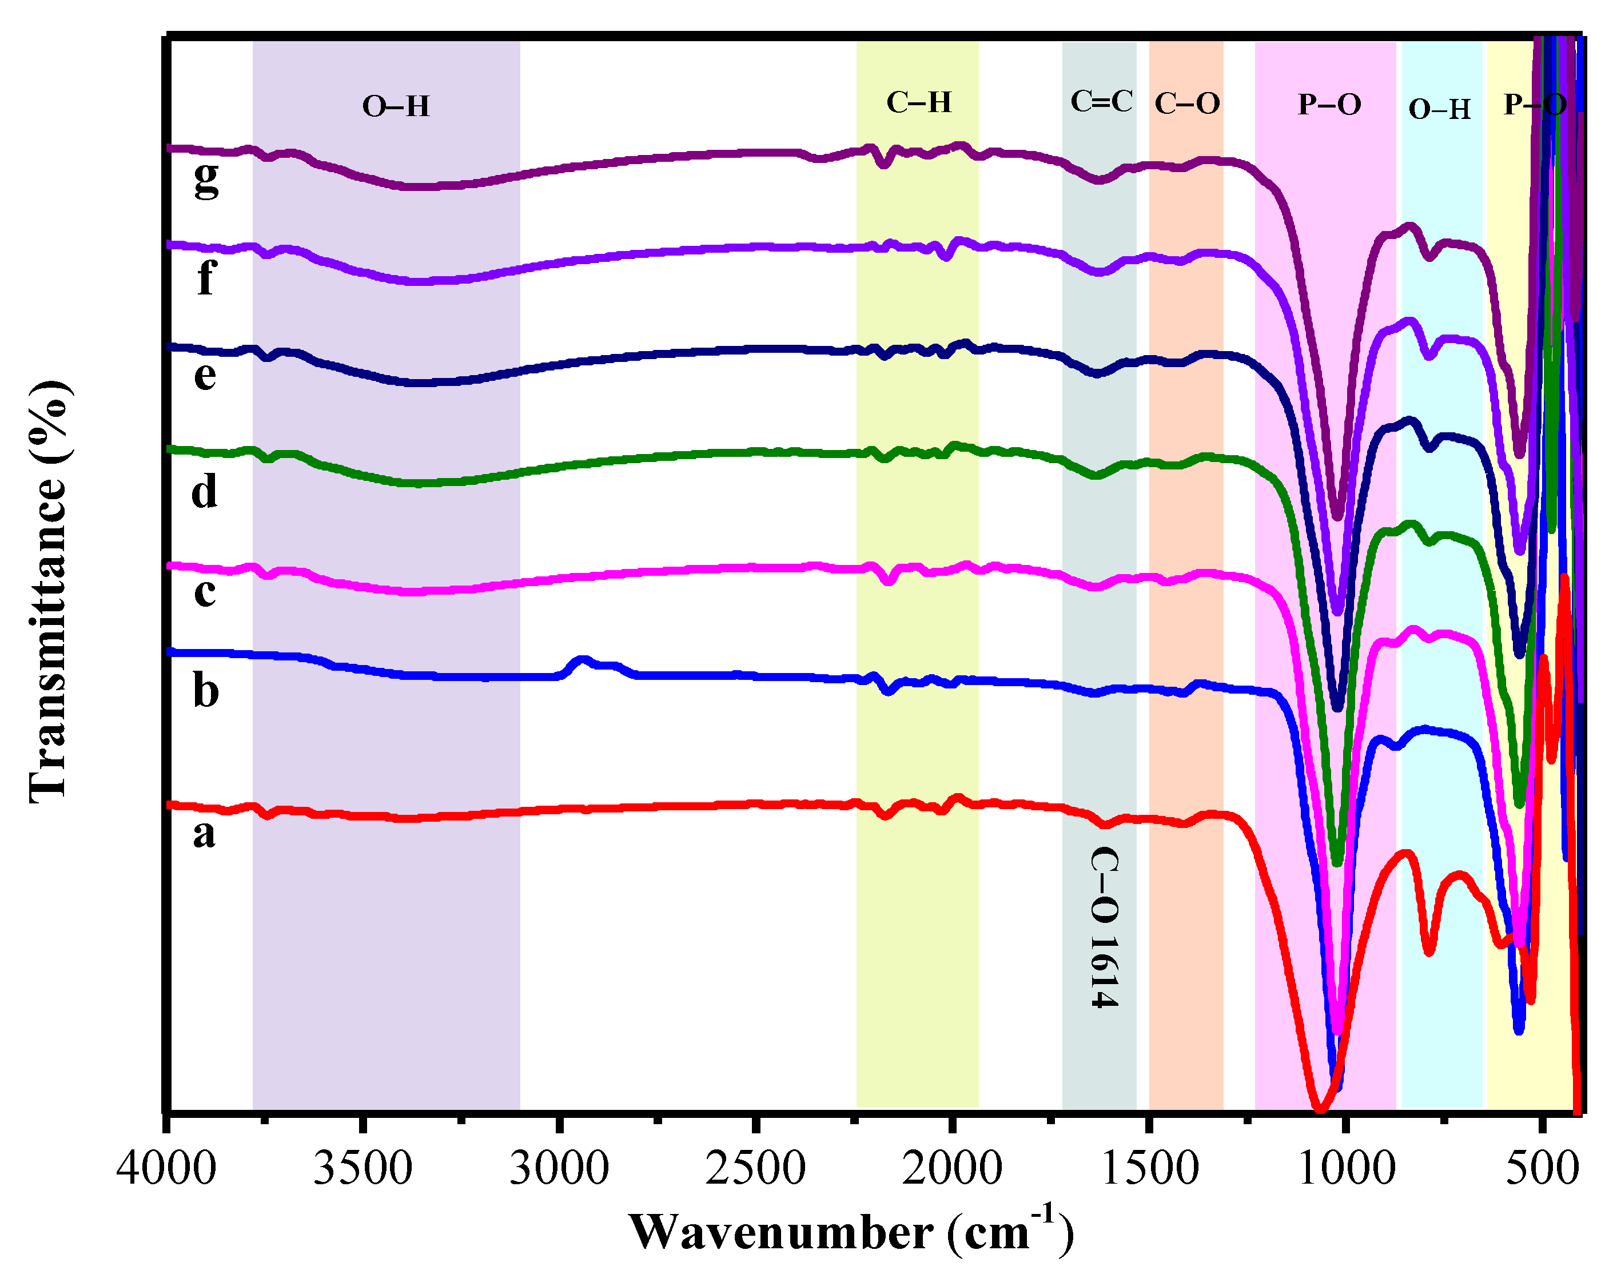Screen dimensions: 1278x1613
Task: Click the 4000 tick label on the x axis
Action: [166, 1167]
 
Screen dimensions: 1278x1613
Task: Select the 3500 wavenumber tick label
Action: [362, 1167]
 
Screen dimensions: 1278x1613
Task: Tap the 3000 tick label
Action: [559, 1167]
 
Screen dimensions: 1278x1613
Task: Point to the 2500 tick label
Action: [756, 1167]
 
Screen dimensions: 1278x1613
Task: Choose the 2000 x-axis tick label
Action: [951, 1167]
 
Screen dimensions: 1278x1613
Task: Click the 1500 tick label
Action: [1150, 1167]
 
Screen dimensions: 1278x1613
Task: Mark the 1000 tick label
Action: [1346, 1167]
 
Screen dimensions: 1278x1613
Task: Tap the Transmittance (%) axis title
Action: [49, 591]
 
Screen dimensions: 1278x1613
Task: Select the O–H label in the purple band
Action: [396, 107]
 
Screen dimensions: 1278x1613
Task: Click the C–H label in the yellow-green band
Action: [919, 102]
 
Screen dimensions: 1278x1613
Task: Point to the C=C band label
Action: [1101, 102]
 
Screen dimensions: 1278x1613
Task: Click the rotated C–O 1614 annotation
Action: [1104, 928]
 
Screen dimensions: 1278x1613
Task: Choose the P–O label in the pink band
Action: [1329, 105]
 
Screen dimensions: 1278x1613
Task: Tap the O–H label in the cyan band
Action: [1439, 110]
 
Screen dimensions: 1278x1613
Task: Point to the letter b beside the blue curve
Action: [206, 689]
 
